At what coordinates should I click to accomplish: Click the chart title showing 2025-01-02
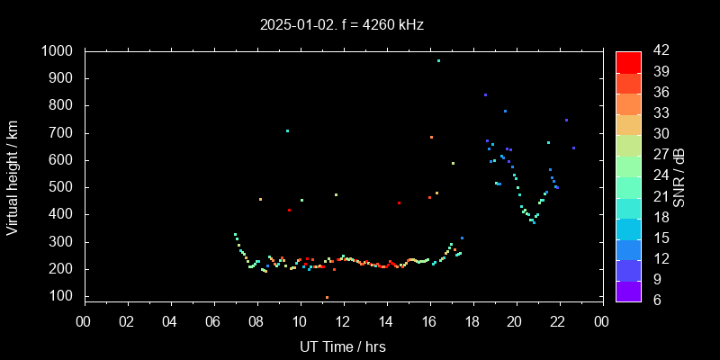pyautogui.click(x=341, y=25)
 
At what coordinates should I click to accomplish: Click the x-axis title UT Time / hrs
pyautogui.click(x=343, y=346)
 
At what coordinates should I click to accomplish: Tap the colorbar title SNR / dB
pyautogui.click(x=679, y=176)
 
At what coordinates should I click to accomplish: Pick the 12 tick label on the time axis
pyautogui.click(x=343, y=322)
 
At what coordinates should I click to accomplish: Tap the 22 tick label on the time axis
pyautogui.click(x=559, y=322)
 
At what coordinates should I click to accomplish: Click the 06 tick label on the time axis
pyautogui.click(x=213, y=322)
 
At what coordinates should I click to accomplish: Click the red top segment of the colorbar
pyautogui.click(x=628, y=61)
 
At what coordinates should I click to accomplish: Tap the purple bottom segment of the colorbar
pyautogui.click(x=628, y=290)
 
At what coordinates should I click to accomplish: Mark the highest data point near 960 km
pyautogui.click(x=438, y=61)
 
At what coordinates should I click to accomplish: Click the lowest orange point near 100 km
pyautogui.click(x=327, y=297)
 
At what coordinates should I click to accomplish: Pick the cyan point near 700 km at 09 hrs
pyautogui.click(x=287, y=131)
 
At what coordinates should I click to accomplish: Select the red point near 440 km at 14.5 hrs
pyautogui.click(x=399, y=203)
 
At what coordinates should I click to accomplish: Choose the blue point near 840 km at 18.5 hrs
pyautogui.click(x=485, y=94)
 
